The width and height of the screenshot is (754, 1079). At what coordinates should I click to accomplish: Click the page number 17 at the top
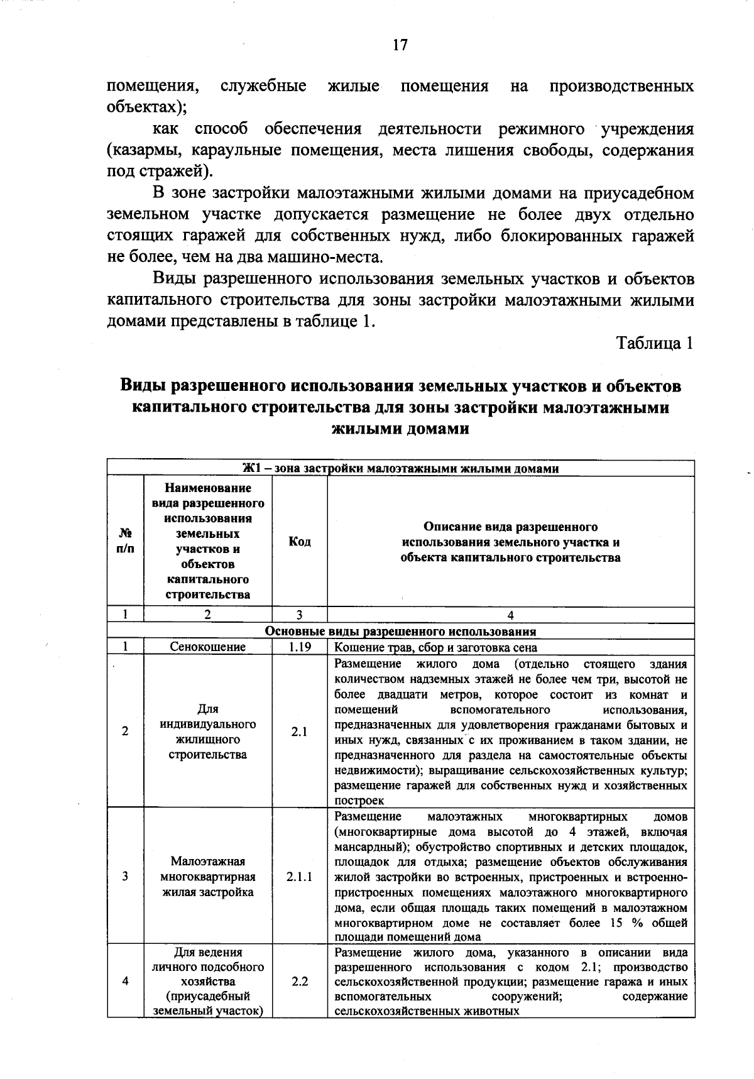400,45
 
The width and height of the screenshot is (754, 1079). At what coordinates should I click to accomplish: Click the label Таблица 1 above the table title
655,343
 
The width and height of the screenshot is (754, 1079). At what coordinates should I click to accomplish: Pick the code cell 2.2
300,981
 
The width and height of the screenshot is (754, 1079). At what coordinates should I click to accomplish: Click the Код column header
300,542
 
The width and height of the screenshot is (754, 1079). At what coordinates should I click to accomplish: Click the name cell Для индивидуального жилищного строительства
208,731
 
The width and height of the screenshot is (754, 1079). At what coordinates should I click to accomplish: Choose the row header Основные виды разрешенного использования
400,632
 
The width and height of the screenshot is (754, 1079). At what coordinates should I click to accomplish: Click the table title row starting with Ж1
400,469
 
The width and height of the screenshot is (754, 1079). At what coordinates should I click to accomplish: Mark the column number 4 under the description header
510,615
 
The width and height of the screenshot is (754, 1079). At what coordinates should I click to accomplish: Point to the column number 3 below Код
300,615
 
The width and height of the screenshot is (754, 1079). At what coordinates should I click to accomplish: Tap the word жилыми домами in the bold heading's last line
400,429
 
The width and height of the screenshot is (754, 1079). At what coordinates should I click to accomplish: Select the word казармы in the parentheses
136,151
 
